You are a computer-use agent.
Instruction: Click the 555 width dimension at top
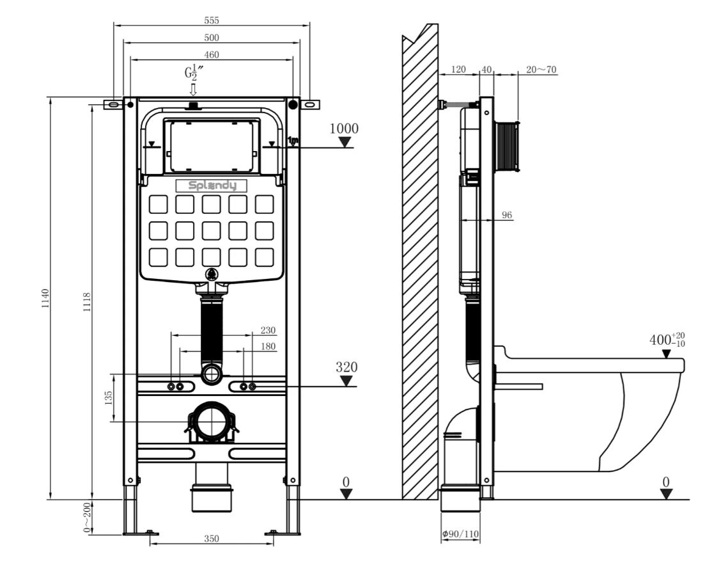click(x=212, y=20)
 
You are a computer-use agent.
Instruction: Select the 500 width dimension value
click(x=212, y=38)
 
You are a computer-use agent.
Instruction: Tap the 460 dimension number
click(x=212, y=55)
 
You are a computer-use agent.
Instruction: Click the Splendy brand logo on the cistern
click(x=212, y=186)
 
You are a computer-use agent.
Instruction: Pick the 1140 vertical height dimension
click(x=45, y=298)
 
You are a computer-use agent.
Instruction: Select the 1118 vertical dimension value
click(x=87, y=302)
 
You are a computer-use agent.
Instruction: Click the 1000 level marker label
click(x=344, y=129)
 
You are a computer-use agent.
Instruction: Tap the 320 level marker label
click(x=346, y=367)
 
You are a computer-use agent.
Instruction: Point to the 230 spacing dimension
click(x=268, y=330)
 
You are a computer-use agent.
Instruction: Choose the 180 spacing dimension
click(x=268, y=346)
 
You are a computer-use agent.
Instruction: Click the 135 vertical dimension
click(x=108, y=397)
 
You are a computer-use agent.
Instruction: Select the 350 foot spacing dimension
click(x=212, y=539)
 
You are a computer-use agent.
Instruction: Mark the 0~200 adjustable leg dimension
click(x=87, y=518)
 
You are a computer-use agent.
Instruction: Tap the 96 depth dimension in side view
click(x=506, y=215)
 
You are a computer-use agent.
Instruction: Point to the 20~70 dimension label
click(x=541, y=70)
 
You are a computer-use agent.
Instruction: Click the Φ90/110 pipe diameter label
click(x=460, y=534)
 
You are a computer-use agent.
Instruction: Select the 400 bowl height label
click(x=667, y=340)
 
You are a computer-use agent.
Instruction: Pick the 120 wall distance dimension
click(x=458, y=70)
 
